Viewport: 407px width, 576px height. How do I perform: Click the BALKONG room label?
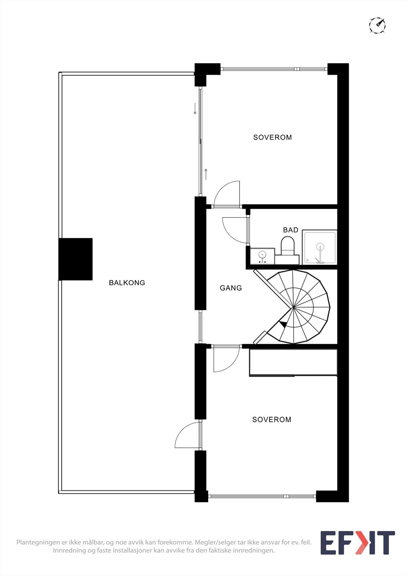click(127, 283)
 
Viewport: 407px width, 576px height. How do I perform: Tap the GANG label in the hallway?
click(231, 288)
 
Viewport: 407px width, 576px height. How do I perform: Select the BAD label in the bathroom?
click(290, 230)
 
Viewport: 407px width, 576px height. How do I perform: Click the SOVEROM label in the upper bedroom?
click(272, 138)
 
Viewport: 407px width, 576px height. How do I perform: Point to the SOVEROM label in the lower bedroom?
click(272, 420)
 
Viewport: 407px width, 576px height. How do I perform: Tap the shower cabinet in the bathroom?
click(320, 247)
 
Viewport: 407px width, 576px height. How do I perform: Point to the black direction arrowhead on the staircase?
click(284, 324)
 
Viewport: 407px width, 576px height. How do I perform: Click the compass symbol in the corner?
click(377, 25)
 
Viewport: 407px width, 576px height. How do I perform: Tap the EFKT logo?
click(357, 543)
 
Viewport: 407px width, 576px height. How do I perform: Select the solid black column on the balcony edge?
click(76, 259)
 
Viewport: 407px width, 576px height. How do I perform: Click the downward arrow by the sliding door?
click(195, 108)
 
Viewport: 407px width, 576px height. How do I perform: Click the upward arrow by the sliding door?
click(206, 174)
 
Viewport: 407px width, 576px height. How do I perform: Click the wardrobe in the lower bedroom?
click(293, 363)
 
